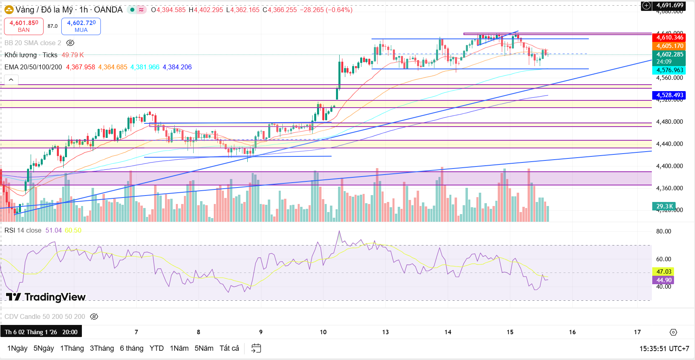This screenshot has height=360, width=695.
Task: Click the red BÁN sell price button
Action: (24, 26)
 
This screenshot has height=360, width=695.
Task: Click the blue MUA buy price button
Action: (81, 26)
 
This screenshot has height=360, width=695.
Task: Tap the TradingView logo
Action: (46, 297)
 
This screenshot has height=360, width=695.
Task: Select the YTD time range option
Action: (157, 348)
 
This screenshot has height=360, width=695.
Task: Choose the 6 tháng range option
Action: (131, 348)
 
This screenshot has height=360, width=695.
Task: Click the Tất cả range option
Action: (229, 348)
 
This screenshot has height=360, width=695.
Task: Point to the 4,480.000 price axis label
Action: (669, 122)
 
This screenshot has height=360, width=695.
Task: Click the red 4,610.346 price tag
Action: (670, 37)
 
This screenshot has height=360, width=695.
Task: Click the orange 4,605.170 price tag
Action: (670, 46)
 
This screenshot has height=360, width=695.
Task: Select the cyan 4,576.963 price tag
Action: (670, 70)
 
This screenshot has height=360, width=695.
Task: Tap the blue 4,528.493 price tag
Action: (670, 95)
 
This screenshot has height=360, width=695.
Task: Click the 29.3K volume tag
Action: (664, 206)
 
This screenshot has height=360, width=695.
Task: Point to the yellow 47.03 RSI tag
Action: (664, 272)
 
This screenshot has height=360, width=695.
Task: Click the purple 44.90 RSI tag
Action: (664, 280)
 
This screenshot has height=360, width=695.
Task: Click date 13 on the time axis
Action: (386, 332)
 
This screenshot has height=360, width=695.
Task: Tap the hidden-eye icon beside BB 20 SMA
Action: (70, 43)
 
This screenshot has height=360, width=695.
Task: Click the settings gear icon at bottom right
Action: (673, 332)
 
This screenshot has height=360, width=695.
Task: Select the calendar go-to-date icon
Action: (256, 348)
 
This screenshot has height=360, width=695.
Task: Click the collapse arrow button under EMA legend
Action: (11, 80)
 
